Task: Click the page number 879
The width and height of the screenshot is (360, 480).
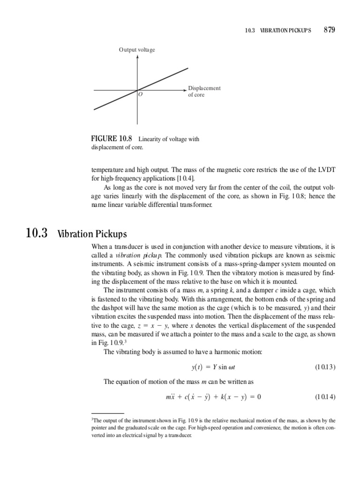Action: click(329, 30)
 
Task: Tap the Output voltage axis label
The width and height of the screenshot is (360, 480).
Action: click(136, 50)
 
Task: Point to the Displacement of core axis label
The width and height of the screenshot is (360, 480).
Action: click(204, 91)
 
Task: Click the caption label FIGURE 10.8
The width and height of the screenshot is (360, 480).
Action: click(112, 139)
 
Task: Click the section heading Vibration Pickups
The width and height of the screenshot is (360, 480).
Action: click(92, 234)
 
